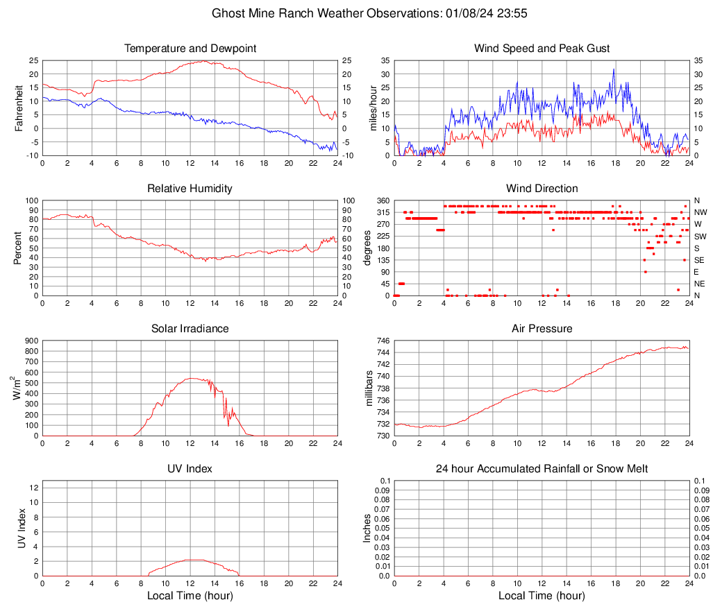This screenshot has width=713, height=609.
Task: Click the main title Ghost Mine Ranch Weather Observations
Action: [x=371, y=13]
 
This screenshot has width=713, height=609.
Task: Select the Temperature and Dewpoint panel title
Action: [x=190, y=49]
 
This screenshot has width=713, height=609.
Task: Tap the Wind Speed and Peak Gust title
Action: [x=542, y=49]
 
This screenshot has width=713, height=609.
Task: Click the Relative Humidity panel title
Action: [x=190, y=189]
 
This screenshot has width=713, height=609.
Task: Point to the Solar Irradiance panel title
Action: [x=190, y=329]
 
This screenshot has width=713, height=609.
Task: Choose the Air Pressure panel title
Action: [x=542, y=329]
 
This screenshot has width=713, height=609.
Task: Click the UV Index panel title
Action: [x=190, y=469]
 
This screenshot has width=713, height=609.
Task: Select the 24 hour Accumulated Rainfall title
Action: [x=542, y=469]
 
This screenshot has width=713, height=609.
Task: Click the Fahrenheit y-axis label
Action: [x=19, y=108]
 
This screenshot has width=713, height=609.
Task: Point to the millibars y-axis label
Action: [x=370, y=388]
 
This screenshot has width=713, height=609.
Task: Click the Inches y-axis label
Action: [x=367, y=529]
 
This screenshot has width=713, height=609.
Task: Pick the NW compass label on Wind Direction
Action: [x=701, y=212]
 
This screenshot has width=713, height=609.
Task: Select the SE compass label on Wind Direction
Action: [x=700, y=260]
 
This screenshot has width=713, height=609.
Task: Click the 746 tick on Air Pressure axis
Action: [x=383, y=341]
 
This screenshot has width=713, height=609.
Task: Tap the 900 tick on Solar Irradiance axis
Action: [x=31, y=341]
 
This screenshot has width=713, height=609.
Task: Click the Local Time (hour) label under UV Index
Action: [x=190, y=595]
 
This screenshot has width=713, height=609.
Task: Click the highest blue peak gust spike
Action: [x=614, y=69]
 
